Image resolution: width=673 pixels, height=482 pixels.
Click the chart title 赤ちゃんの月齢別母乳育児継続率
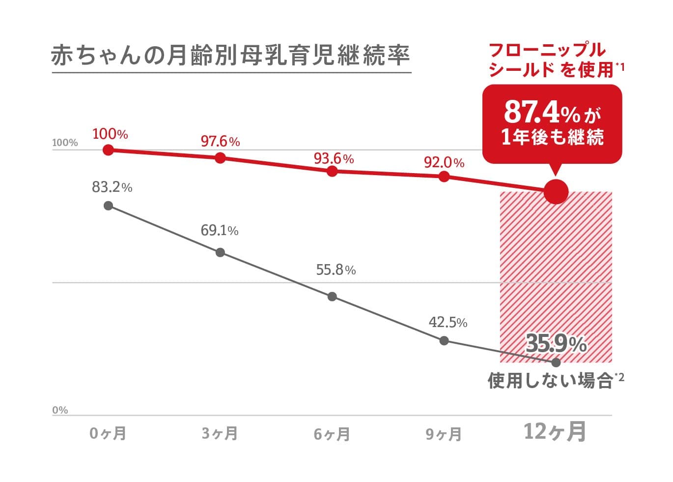coord(230,56)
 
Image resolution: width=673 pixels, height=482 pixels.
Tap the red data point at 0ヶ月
coord(109,150)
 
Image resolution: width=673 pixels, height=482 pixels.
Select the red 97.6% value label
coord(220,142)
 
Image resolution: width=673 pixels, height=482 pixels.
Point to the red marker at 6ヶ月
coord(332,171)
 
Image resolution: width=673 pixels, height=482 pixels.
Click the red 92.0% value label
coord(444,162)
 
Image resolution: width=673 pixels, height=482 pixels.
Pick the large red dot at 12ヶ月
coord(556,192)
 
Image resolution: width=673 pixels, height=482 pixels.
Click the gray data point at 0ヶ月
coord(109,206)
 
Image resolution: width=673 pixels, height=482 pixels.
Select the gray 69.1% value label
coord(220,230)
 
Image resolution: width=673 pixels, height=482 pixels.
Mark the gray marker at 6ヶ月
coord(332,297)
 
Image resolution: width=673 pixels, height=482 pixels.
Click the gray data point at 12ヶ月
coord(556,362)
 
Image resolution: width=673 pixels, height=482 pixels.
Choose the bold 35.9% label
coord(556,343)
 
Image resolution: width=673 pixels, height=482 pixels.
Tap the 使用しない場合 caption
coord(550,381)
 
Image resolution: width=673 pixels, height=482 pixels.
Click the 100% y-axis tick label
coord(65,143)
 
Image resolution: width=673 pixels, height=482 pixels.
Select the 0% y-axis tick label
coord(60,410)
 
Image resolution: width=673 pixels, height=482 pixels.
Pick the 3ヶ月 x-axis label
coord(220,434)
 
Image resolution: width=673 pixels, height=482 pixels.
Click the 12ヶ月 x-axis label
coord(555,432)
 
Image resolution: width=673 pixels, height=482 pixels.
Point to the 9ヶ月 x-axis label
coord(444,434)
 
